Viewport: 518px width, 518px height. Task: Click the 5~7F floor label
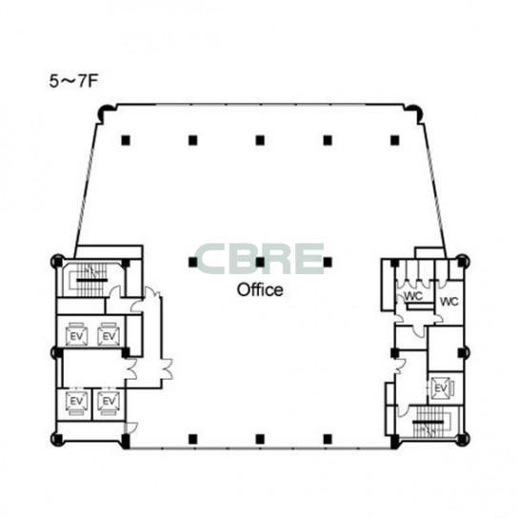[x=73, y=82]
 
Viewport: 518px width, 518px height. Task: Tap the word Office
[x=260, y=289]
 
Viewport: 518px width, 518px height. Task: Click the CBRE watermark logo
[x=259, y=259]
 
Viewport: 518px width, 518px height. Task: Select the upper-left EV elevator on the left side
[x=76, y=335]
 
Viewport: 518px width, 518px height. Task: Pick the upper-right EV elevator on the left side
[x=109, y=335]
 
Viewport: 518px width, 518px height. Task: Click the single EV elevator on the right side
[x=442, y=388]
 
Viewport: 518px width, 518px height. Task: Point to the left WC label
[x=413, y=296]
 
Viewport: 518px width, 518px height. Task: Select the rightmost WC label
[x=448, y=301]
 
